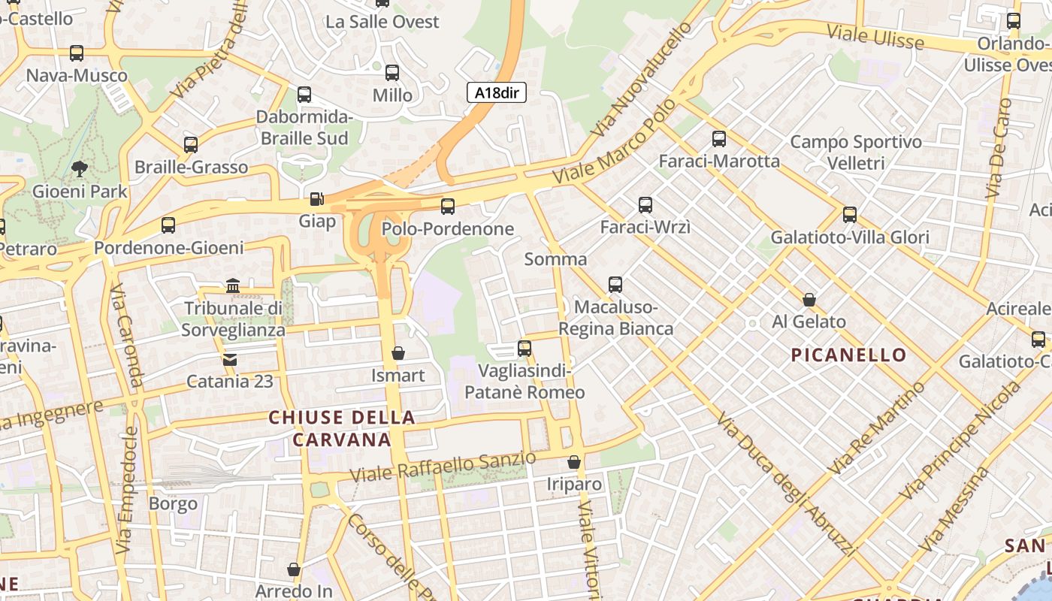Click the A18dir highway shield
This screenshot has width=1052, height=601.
point(497,93)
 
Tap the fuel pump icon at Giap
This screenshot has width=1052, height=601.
point(317,199)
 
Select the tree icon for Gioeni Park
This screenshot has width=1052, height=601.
point(79,169)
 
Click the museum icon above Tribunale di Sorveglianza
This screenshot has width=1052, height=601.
point(233,286)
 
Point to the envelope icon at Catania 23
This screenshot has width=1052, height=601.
point(230,360)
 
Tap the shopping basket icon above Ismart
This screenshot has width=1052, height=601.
point(398,353)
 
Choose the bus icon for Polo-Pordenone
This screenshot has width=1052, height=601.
point(448,206)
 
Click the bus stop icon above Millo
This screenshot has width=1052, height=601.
point(392,73)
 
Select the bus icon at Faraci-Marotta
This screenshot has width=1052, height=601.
point(719,139)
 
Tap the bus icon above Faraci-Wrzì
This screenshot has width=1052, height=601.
point(645,204)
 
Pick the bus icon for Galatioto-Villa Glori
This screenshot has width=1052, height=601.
point(850,215)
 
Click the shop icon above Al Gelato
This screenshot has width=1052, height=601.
point(809,300)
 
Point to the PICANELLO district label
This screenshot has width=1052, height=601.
point(848,355)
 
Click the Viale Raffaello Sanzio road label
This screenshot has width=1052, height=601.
point(443,467)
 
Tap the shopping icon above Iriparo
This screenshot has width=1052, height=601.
point(574,462)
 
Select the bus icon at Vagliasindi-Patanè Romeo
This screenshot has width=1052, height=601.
point(524,349)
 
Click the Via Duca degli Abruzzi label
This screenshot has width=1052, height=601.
point(787,485)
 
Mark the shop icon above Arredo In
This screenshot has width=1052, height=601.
point(294,569)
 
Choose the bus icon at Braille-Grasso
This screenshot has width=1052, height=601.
point(191,145)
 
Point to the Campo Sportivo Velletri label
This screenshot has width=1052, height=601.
point(856,152)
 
